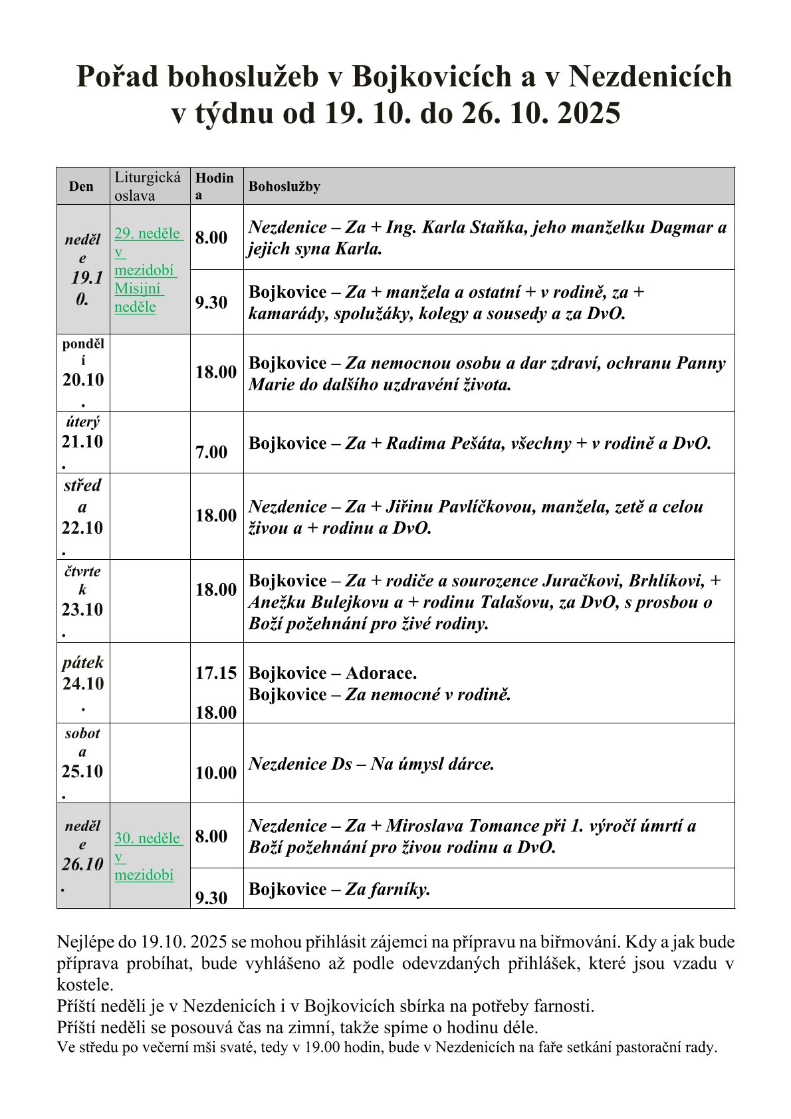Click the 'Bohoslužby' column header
point(284,186)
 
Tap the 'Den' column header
point(81,186)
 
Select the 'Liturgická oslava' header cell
point(148,186)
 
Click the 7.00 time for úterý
point(211,452)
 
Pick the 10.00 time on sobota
point(215,773)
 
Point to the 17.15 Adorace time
point(215,673)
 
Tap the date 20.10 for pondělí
point(83,380)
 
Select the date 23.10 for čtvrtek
point(82,609)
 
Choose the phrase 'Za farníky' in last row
point(387,889)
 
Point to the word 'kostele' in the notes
point(85,984)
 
